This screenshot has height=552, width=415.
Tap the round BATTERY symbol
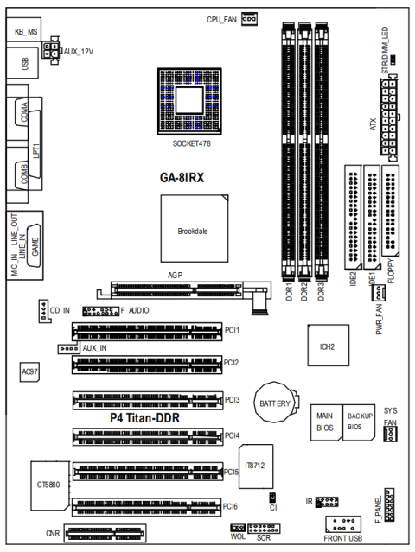pos(272,403)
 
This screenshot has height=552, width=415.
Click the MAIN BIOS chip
pos(324,421)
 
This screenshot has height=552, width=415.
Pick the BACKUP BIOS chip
pos(358,421)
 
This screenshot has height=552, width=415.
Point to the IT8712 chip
pos(254,465)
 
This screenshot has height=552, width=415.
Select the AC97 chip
pos(29,371)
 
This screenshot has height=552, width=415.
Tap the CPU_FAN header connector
pos(250,18)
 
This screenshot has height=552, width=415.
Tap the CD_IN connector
pos(43,310)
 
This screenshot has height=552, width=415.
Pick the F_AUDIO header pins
pos(99,310)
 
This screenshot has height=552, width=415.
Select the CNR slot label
pos(53,534)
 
